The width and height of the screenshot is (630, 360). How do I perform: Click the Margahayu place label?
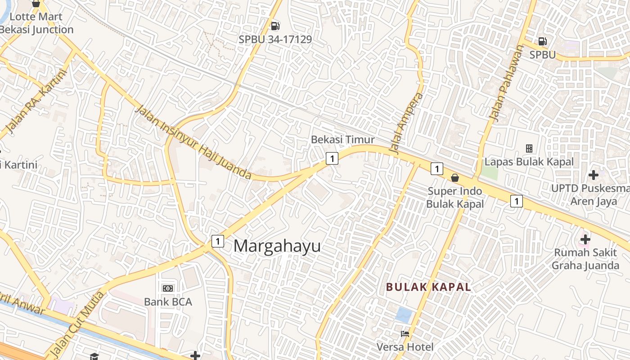tap(277, 246)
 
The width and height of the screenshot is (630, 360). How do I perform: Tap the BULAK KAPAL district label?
tap(429, 287)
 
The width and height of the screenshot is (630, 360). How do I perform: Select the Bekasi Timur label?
tap(342, 139)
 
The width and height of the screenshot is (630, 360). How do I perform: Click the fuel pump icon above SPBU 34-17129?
tap(275, 27)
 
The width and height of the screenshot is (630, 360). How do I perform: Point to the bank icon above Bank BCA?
tap(168, 288)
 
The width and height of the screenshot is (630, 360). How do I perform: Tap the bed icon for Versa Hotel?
tap(405, 334)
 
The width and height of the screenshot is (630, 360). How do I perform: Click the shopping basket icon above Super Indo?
tap(455, 178)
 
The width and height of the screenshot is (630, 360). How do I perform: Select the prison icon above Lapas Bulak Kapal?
tap(529, 148)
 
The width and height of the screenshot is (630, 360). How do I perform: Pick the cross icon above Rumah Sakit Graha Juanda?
tap(585, 239)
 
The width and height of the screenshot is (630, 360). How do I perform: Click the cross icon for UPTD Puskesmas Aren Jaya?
tap(593, 175)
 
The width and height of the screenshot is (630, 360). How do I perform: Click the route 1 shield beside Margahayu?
tap(218, 241)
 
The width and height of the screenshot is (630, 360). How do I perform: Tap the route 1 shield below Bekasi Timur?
tap(332, 158)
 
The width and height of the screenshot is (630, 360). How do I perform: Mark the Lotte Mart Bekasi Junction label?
tap(36, 23)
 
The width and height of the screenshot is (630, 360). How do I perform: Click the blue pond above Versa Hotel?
tap(404, 315)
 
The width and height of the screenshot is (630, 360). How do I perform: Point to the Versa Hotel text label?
tap(405, 347)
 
